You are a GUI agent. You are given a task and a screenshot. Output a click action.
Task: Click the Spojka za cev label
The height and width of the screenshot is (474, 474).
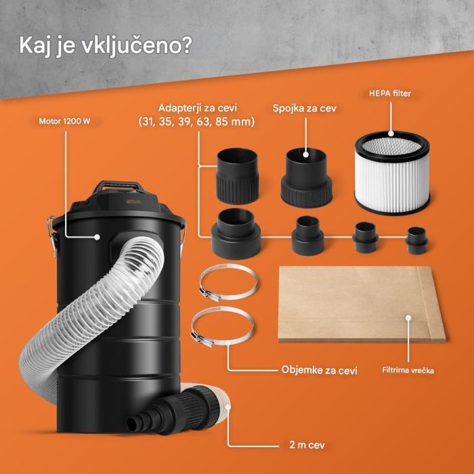pos(305,108)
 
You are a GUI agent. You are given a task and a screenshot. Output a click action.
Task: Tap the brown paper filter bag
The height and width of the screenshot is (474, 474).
pos(362,303)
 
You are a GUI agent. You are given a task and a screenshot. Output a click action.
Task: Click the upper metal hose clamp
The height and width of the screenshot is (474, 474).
pos(226,284)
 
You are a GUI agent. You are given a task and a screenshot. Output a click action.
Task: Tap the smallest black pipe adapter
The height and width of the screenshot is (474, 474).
pos(416,238)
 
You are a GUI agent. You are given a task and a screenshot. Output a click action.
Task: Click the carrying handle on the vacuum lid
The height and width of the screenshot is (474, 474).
pos(122,186)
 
